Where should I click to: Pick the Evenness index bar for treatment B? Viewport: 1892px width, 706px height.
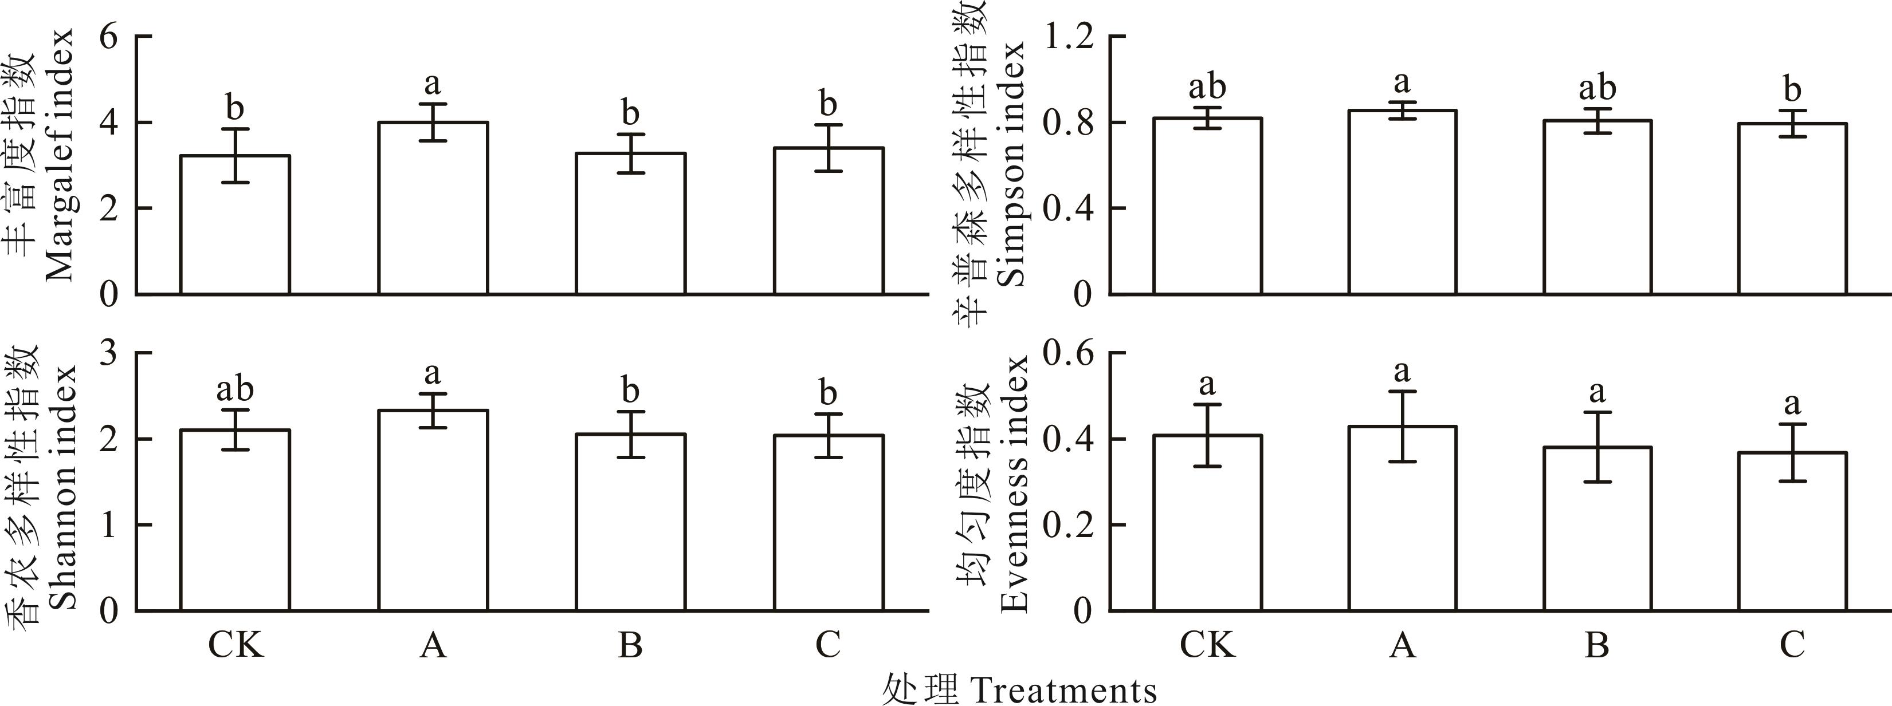click(x=1597, y=528)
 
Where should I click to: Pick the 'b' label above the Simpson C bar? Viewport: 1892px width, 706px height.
click(x=1792, y=91)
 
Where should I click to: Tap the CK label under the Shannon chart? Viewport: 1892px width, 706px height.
click(x=235, y=645)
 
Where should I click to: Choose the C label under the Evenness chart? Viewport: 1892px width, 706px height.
click(x=1792, y=645)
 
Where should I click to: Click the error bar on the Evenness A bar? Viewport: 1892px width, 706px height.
click(x=1402, y=425)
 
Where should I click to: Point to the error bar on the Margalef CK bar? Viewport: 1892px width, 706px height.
click(x=235, y=156)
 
